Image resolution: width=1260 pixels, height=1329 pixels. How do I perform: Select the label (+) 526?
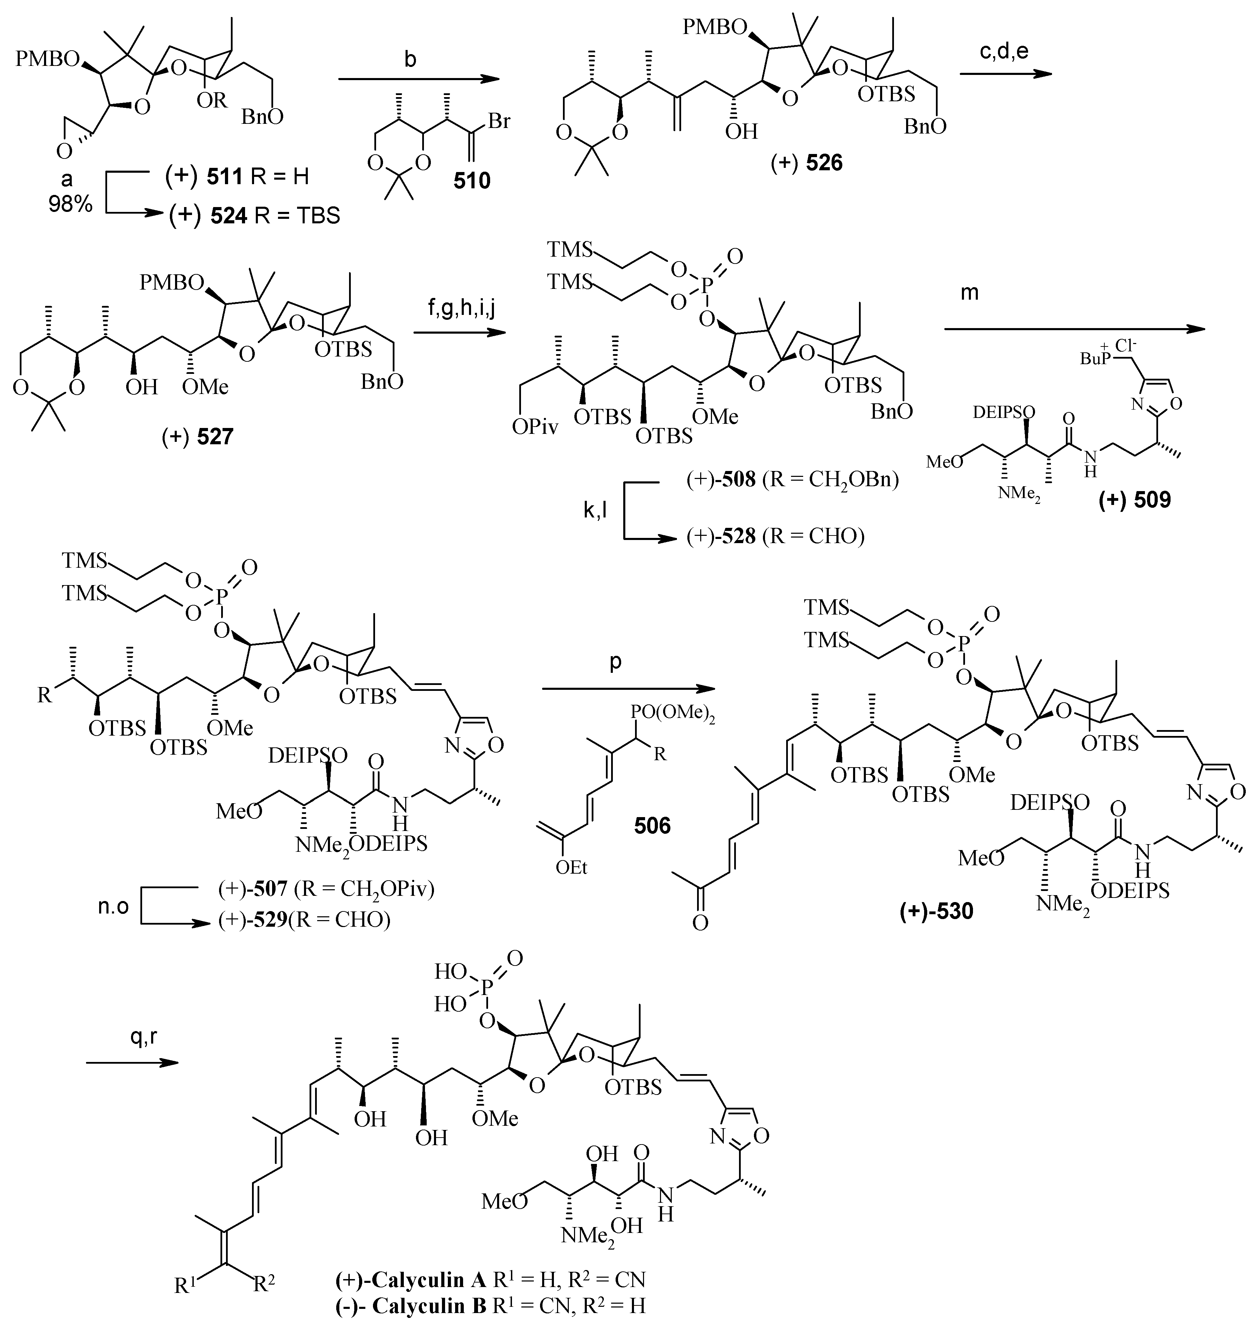(x=806, y=162)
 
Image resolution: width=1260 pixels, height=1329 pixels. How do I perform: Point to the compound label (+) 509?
(x=1135, y=498)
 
